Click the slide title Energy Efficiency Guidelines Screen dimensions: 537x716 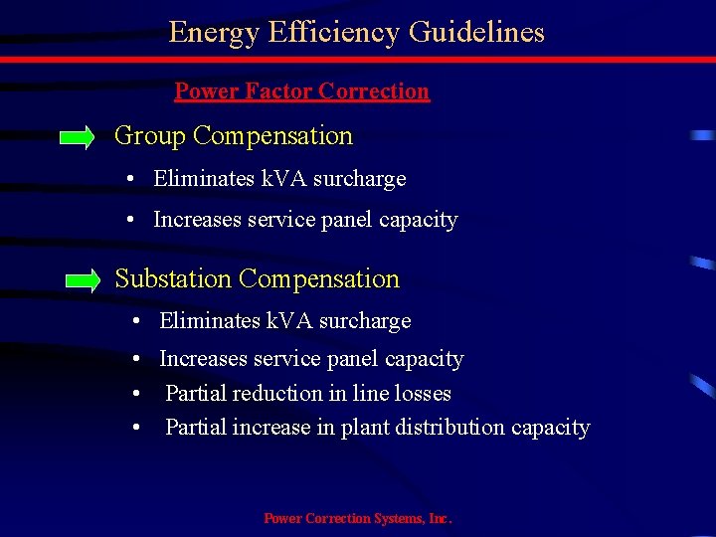click(356, 33)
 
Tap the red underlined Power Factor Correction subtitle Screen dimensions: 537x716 click(301, 91)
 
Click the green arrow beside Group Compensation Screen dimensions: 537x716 click(77, 137)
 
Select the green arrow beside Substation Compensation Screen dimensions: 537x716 click(82, 281)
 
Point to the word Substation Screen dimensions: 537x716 click(174, 279)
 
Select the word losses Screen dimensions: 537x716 click(422, 394)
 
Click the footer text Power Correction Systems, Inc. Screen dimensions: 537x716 click(357, 518)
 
